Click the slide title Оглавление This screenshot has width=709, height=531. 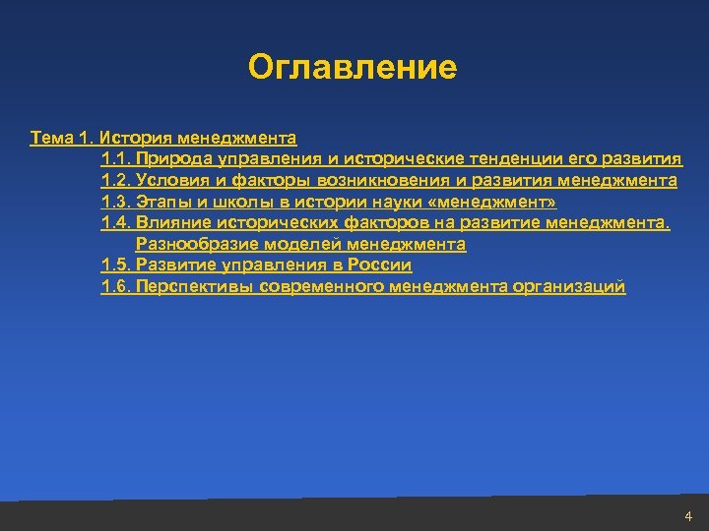[x=353, y=68]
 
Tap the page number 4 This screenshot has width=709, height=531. [x=687, y=516]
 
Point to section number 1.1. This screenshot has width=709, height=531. [x=115, y=159]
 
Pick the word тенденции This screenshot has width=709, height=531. [x=532, y=159]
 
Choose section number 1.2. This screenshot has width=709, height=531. [x=115, y=181]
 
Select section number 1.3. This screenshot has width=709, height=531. [x=115, y=203]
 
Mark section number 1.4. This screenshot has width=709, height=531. [x=115, y=223]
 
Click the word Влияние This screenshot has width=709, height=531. [x=172, y=223]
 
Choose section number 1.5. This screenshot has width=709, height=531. [x=115, y=265]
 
